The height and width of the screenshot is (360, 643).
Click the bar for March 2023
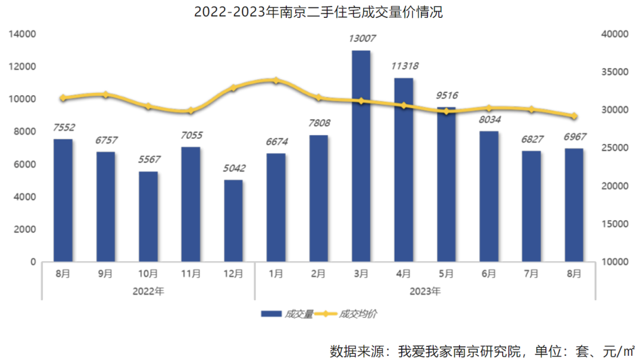click(361, 156)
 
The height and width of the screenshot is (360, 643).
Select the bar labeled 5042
click(233, 220)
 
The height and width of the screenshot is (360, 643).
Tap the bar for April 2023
click(404, 170)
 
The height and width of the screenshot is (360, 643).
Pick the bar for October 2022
click(148, 217)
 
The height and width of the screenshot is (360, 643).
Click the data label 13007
click(361, 39)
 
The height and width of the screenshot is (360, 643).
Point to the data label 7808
click(319, 123)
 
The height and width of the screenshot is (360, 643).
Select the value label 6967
click(574, 137)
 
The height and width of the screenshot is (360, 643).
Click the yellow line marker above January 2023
click(276, 80)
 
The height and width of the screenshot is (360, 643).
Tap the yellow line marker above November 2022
click(191, 111)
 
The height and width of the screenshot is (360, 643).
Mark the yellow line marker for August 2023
click(574, 116)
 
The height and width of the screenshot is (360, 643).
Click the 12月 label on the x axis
click(233, 274)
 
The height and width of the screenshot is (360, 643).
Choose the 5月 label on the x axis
click(446, 274)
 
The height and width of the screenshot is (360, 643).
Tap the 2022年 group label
click(148, 292)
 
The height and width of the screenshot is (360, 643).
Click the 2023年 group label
click(425, 292)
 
